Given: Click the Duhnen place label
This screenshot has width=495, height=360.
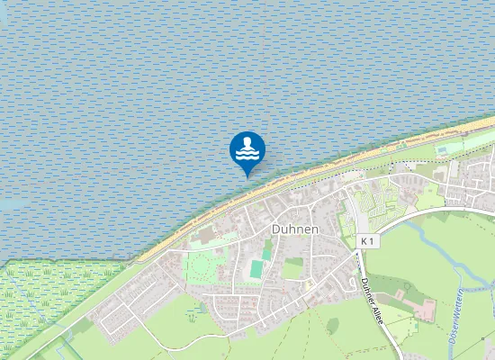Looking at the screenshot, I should pyautogui.click(x=294, y=229).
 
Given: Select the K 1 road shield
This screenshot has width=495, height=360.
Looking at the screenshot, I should pyautogui.click(x=366, y=241).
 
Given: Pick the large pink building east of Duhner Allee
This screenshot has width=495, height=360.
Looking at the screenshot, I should pyautogui.click(x=427, y=311).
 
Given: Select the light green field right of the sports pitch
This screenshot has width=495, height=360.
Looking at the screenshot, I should pyautogui.click(x=293, y=268).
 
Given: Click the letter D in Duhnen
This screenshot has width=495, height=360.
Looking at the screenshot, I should pyautogui.click(x=274, y=229).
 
